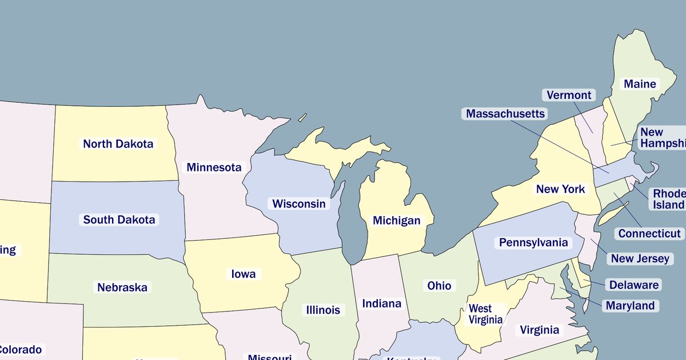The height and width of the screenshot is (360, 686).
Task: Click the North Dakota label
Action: (118, 143)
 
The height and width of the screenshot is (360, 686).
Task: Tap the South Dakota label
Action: (119, 219)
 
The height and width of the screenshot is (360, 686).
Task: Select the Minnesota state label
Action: (214, 167)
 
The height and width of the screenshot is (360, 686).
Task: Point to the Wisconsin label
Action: (298, 203)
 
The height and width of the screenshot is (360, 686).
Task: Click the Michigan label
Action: (396, 220)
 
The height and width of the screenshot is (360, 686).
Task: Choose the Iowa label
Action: (244, 274)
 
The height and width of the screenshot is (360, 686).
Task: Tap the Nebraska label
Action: (122, 287)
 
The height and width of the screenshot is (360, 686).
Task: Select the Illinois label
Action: (323, 310)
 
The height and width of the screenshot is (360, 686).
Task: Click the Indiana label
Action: (381, 303)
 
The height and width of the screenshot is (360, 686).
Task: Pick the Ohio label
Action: (439, 285)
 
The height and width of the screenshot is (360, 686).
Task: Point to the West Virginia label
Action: (485, 314)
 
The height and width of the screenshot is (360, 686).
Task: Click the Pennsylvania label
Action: (533, 242)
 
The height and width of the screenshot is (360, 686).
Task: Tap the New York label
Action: (560, 189)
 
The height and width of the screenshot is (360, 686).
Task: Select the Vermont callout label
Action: (568, 95)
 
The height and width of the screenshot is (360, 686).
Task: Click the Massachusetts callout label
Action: (505, 114)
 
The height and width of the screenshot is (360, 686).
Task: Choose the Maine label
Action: (640, 84)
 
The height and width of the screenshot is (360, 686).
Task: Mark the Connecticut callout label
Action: (649, 233)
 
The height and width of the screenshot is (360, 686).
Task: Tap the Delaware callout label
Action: (633, 285)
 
